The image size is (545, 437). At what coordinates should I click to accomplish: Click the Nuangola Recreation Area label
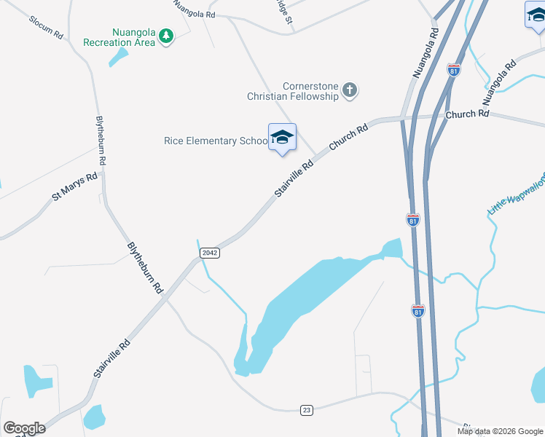(x=118, y=37)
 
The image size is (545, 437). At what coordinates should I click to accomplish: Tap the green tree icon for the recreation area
(x=166, y=36)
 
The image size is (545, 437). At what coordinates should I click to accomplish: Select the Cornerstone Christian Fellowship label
(x=293, y=91)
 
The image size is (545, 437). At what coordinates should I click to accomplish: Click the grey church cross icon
(x=350, y=91)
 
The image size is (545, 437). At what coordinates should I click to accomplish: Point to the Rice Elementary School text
(x=211, y=141)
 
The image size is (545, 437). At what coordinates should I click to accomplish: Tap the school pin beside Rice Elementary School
(x=282, y=138)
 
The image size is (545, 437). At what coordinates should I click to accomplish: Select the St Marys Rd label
(x=74, y=186)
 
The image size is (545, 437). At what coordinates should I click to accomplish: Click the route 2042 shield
(x=209, y=252)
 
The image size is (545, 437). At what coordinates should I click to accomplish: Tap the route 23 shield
(x=307, y=411)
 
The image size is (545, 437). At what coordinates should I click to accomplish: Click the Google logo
(x=24, y=428)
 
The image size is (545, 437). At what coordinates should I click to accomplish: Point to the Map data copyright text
(x=500, y=431)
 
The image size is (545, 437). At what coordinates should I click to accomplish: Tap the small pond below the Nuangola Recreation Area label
(x=118, y=58)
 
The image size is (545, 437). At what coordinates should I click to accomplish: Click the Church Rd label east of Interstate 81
(x=467, y=114)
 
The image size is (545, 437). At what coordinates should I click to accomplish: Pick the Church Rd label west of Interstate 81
(x=348, y=136)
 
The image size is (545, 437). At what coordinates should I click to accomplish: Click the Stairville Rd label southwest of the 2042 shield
(x=111, y=358)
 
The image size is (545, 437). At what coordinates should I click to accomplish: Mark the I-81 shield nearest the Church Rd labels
(x=453, y=71)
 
